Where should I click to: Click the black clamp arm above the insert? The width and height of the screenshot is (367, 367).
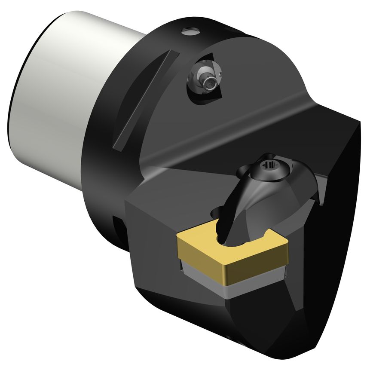click(241, 202)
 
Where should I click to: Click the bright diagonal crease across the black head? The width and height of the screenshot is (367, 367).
click(241, 133)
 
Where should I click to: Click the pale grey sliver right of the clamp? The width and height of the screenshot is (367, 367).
click(320, 185)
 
